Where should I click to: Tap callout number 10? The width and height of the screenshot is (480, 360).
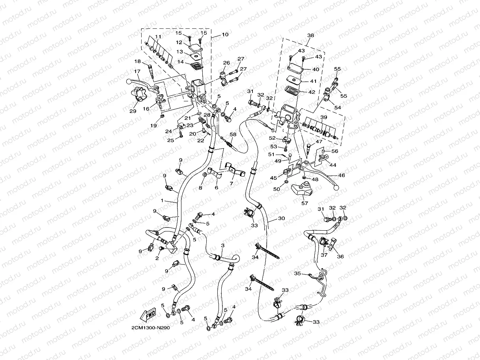tap(225, 35)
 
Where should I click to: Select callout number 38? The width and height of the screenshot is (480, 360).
tap(310, 35)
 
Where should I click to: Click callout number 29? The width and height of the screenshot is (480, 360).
tap(133, 111)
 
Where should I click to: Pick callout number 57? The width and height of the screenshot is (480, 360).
tap(304, 203)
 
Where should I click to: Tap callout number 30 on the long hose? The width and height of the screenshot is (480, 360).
tap(281, 218)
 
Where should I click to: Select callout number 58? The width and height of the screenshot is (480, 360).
tap(233, 134)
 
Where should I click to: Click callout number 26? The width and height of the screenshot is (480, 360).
tap(226, 63)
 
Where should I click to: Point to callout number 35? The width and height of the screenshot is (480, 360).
tap(298, 273)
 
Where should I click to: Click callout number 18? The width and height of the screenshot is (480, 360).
tap(137, 61)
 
